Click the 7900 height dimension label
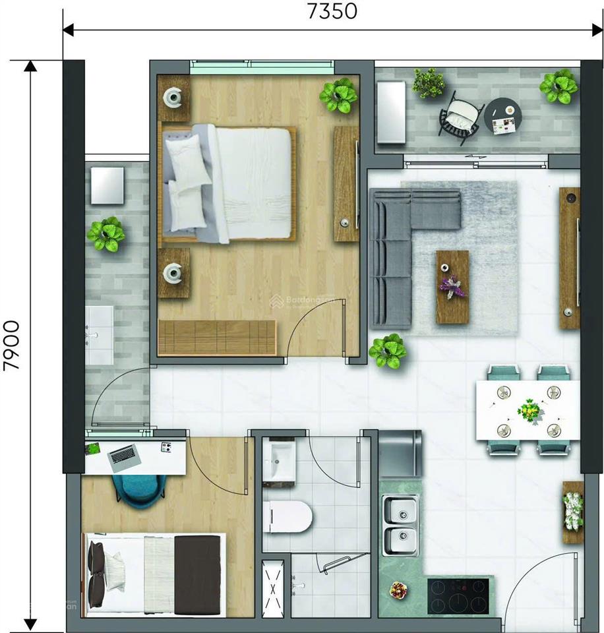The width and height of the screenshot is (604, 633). click(x=14, y=346)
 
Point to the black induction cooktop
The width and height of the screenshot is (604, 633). click(x=458, y=595)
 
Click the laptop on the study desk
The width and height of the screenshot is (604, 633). click(x=123, y=456)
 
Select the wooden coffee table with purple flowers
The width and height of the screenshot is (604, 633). click(x=452, y=286)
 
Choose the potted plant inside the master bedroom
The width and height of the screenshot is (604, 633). click(x=338, y=96)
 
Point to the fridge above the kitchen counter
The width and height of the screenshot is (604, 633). click(x=400, y=453)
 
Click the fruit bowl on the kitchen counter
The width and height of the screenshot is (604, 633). click(x=398, y=589)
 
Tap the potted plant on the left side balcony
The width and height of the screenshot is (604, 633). click(x=106, y=233)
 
